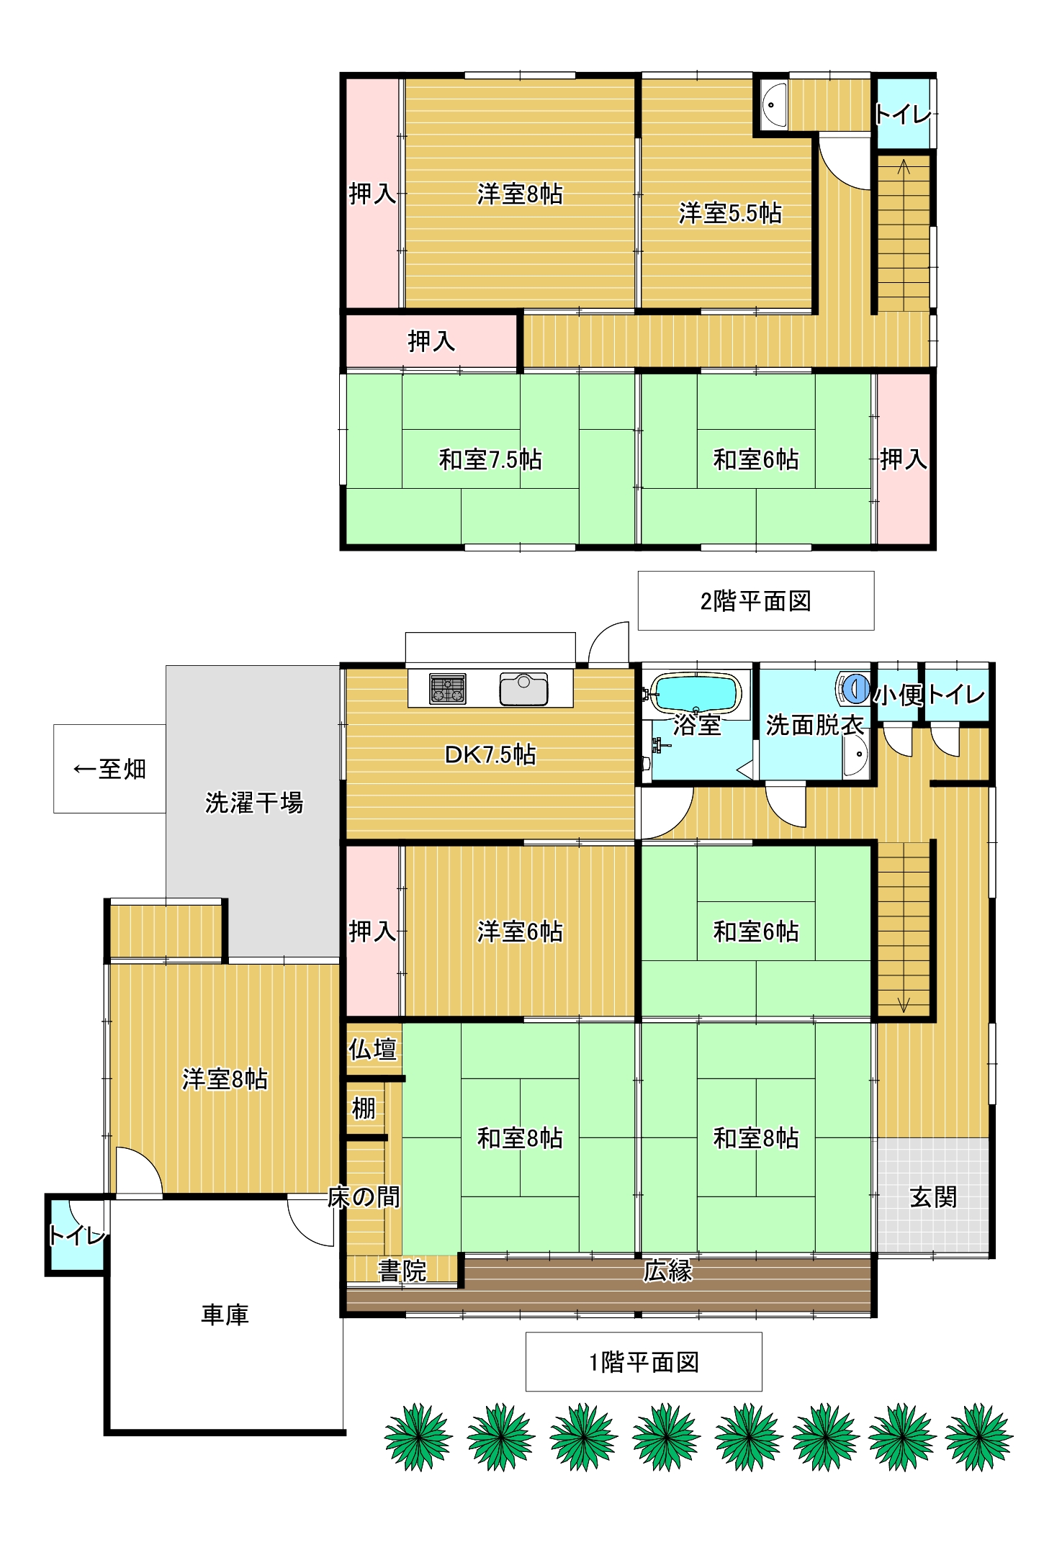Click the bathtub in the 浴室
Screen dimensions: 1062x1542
[x=696, y=693]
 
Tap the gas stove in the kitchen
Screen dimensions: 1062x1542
[x=447, y=688]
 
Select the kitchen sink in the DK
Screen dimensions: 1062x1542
[x=523, y=688]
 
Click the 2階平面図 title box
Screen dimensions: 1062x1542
[x=756, y=600]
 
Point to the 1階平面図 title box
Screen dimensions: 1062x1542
[x=644, y=1361]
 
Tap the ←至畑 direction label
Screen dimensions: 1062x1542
[x=109, y=769]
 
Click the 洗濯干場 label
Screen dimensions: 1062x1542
[x=253, y=803]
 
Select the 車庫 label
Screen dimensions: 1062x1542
[x=225, y=1315]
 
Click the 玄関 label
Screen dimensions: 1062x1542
[x=933, y=1197]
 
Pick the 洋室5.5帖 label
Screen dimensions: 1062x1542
[x=729, y=213]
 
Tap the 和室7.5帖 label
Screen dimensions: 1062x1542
[x=490, y=459]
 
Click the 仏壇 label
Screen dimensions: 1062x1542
[x=372, y=1049]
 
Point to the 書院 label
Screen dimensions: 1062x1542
[x=402, y=1271]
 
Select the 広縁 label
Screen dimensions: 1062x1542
[x=667, y=1271]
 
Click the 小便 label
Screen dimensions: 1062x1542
[x=899, y=695]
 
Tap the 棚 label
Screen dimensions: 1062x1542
[x=364, y=1108]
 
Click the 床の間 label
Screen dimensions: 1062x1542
[x=364, y=1196]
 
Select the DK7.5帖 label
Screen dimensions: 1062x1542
[x=490, y=754]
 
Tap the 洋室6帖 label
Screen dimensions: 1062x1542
[x=520, y=932]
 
